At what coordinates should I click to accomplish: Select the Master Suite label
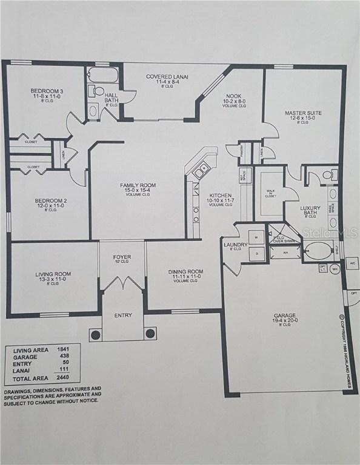tap(303, 113)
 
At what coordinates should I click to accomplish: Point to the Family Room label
tap(138, 185)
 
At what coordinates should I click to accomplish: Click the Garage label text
tap(284, 315)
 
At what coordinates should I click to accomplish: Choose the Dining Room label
tap(185, 272)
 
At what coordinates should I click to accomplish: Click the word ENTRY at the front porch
tap(122, 315)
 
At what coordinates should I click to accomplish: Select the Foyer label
tap(122, 257)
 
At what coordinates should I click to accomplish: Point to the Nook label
tap(234, 95)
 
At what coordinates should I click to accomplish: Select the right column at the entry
tap(150, 334)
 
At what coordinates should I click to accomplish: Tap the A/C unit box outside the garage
tap(352, 264)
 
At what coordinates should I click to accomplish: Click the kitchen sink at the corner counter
tap(201, 170)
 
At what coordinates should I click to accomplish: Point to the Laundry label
tap(235, 245)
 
